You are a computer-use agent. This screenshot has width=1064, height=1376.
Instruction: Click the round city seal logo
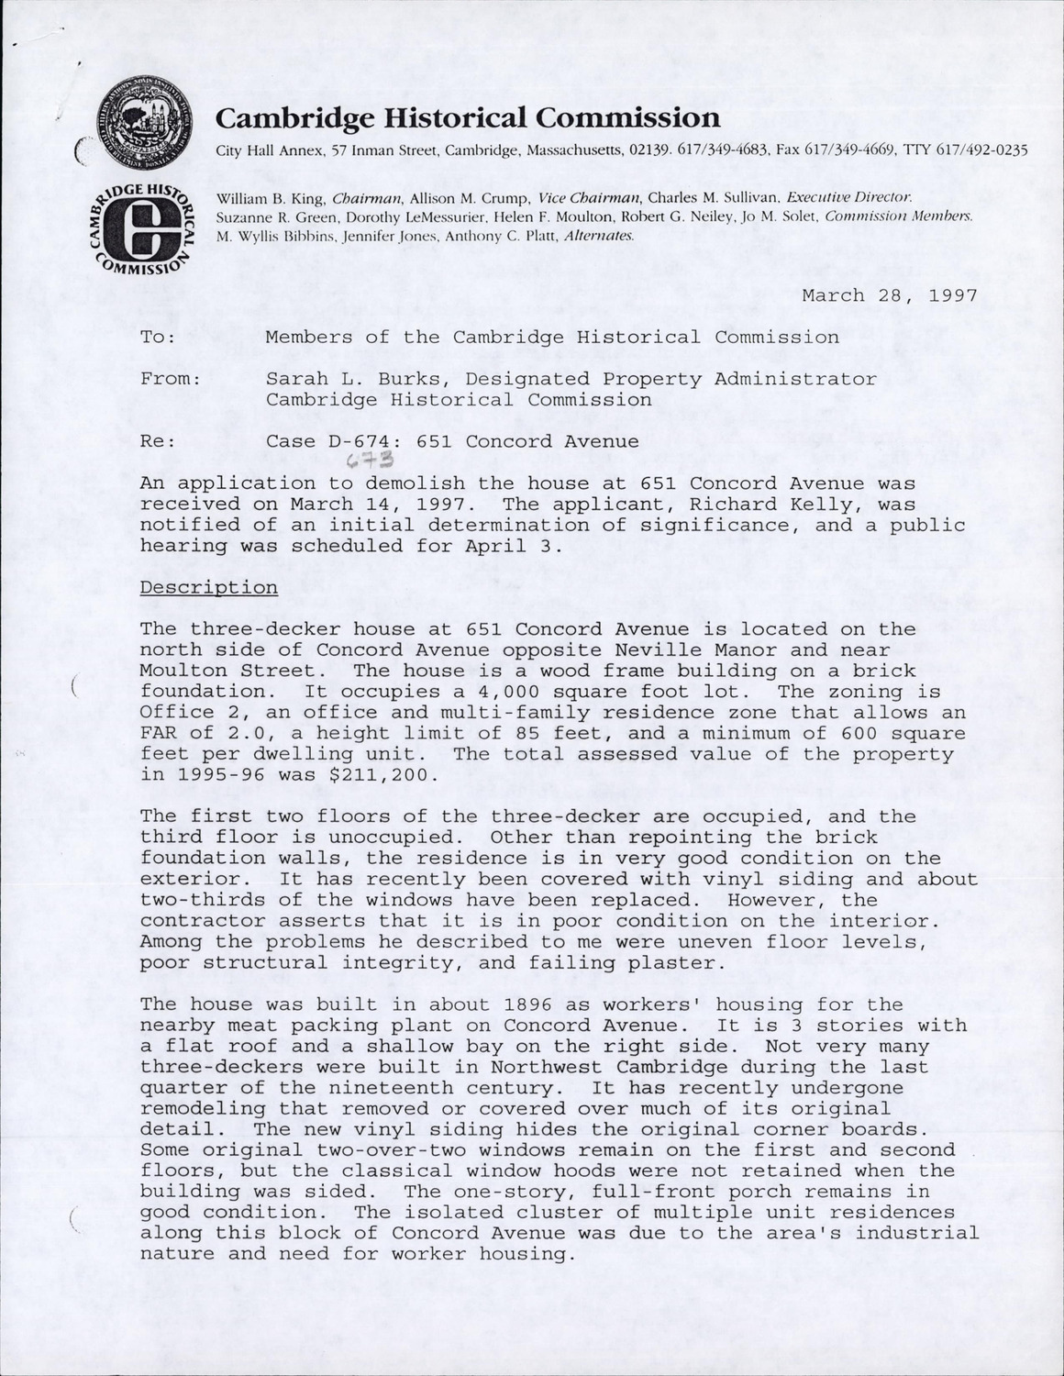coord(143,123)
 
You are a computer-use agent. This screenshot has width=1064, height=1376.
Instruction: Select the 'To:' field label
coord(158,337)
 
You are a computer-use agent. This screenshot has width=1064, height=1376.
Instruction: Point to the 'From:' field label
coord(171,379)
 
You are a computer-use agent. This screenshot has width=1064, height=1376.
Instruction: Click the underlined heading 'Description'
coord(208,587)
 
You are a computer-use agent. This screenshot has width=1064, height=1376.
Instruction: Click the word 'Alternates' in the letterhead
coord(599,235)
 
